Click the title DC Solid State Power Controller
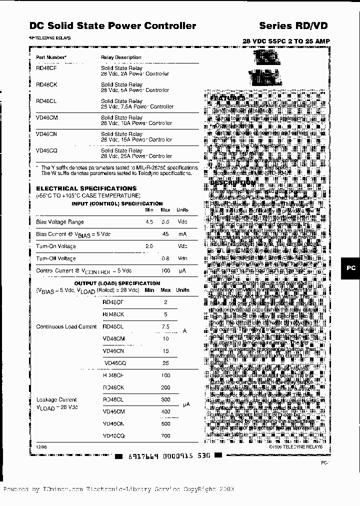[112, 25]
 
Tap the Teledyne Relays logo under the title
[49, 38]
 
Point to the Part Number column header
[51, 57]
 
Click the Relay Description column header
[121, 57]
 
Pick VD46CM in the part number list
[47, 117]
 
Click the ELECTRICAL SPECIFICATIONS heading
[79, 188]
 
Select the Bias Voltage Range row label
[60, 222]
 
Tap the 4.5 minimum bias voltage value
[149, 222]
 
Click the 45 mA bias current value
[165, 234]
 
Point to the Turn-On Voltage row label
[56, 246]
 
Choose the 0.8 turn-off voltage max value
[165, 258]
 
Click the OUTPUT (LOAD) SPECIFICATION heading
[117, 283]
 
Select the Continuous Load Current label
[66, 326]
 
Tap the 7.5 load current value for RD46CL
[165, 326]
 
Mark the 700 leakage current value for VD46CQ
[165, 435]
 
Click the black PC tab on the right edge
[351, 268]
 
